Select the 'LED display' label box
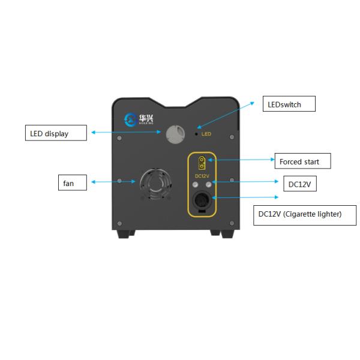point(56,133)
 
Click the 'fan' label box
point(71,182)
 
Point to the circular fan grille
point(156,182)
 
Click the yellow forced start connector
point(202,162)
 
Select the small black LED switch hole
point(197,133)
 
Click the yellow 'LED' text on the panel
point(207,133)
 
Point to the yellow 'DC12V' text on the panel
point(202,175)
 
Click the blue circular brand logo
point(130,119)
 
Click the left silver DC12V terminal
point(194,186)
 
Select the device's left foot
point(126,233)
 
